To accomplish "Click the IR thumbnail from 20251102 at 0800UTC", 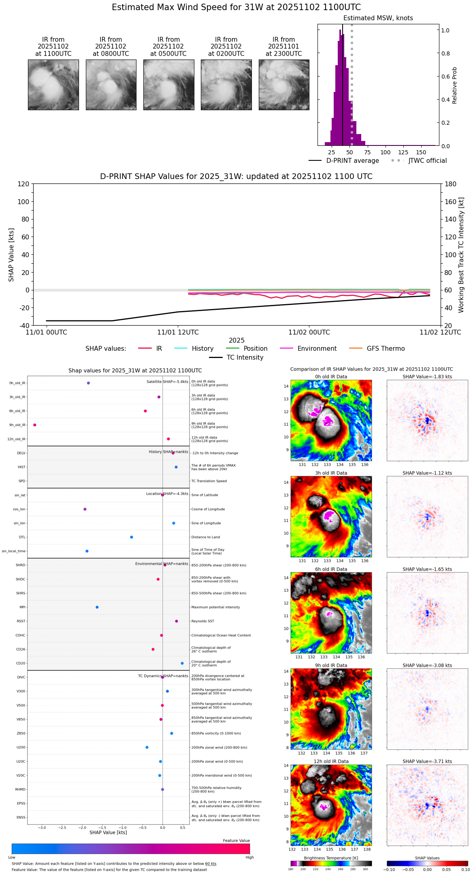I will [x=111, y=85].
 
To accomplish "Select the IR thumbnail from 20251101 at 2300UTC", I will [x=284, y=85].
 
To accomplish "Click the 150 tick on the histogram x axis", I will [x=421, y=152].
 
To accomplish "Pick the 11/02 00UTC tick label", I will [x=309, y=333].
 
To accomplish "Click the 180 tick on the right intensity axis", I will [x=451, y=184].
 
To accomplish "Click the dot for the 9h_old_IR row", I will [x=35, y=425].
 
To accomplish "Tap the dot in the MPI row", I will [x=97, y=607].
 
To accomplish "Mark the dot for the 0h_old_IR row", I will [x=88, y=383].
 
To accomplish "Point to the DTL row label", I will [x=22, y=537].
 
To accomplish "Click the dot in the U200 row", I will [x=147, y=747].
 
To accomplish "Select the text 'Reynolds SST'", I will [x=202, y=621].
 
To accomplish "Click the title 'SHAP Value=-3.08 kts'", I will [x=427, y=665].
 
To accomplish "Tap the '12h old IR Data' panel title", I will [x=331, y=761].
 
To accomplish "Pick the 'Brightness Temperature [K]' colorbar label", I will [x=331, y=858].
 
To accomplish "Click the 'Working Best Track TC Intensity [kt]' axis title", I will [x=461, y=255].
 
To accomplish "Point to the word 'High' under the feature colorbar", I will [x=249, y=857].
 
